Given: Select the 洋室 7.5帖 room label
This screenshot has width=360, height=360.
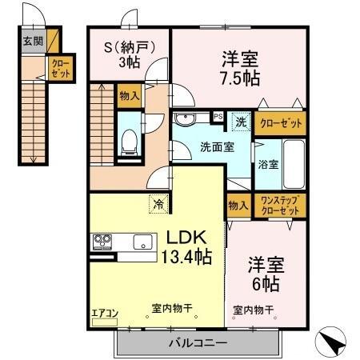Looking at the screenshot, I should (x=240, y=68).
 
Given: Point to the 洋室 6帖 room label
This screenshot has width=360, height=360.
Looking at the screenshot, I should (x=266, y=274).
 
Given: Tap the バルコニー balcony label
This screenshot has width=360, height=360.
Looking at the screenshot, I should (x=198, y=343).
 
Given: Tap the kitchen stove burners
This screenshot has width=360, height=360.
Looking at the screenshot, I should (x=103, y=240).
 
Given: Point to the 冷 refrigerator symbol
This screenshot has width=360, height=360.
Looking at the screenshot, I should (x=159, y=204).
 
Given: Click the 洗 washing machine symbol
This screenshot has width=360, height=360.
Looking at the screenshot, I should (x=241, y=122).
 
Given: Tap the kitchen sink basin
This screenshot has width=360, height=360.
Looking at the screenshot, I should (x=143, y=242).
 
